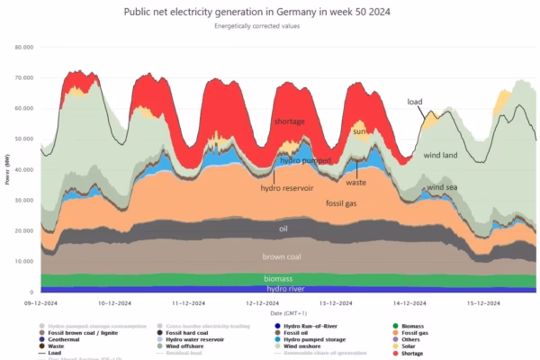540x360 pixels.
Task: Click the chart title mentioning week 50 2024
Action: pyautogui.click(x=270, y=11)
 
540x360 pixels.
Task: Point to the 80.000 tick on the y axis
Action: pyautogui.click(x=23, y=47)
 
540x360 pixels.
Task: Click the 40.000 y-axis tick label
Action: pyautogui.click(x=23, y=169)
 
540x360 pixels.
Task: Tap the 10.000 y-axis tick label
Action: pyautogui.click(x=23, y=261)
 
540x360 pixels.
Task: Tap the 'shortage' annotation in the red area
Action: pyautogui.click(x=290, y=121)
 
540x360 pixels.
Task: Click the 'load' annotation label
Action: pyautogui.click(x=416, y=102)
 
